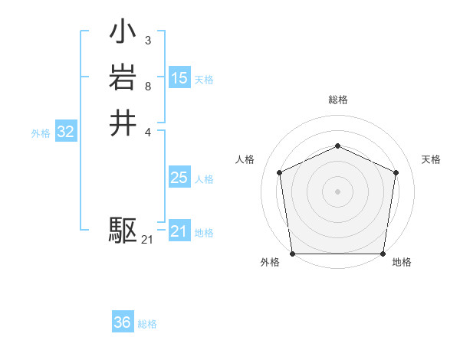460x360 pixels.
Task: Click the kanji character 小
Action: (123, 34)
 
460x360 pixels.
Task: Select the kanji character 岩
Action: (123, 79)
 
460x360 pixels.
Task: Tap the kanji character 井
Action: (123, 123)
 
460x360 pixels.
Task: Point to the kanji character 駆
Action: (123, 229)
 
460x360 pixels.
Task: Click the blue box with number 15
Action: (179, 77)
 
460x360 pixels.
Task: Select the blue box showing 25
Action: (179, 178)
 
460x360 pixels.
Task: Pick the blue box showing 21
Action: (179, 231)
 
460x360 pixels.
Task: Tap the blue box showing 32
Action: (66, 132)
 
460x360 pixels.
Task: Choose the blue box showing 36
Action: (123, 322)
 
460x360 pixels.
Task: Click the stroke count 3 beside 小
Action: (147, 41)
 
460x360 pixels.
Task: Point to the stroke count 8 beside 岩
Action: (147, 86)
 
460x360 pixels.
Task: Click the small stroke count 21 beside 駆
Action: (147, 240)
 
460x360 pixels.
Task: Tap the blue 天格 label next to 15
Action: (204, 79)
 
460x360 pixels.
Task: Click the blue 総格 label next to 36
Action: (147, 324)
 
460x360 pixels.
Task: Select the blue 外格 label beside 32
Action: (41, 133)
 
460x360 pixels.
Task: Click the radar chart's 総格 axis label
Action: (337, 100)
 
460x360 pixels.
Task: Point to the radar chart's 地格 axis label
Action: (402, 263)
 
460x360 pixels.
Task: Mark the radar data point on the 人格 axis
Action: (280, 172)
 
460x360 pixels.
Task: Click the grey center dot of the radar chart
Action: (337, 191)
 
